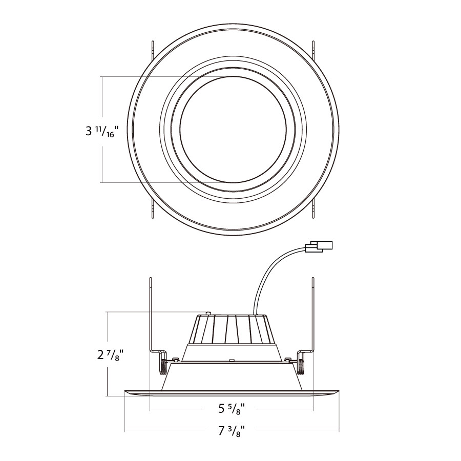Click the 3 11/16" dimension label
click(x=101, y=131)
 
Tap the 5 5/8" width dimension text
click(x=232, y=409)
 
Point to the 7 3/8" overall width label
click(x=232, y=431)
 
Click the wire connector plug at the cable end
click(x=319, y=246)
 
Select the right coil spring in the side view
click(x=301, y=367)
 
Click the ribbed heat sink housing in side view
click(x=232, y=329)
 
